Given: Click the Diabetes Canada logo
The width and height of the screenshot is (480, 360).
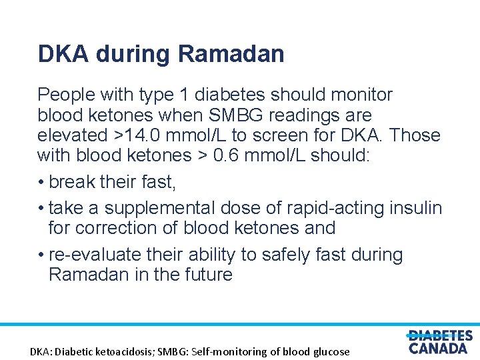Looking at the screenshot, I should coord(439,341).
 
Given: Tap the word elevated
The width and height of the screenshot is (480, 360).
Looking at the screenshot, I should coord(70,135).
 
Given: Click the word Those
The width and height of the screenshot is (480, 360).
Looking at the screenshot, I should coord(415,135).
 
